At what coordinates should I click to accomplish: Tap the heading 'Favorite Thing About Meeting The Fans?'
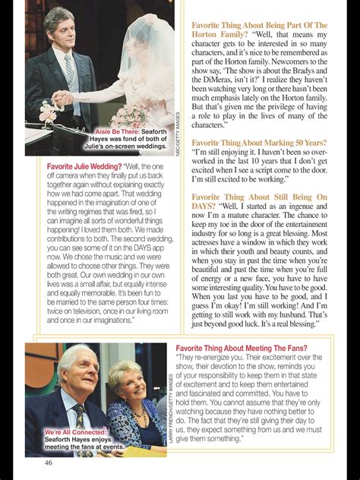pos(248,349)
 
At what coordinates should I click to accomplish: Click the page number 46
pos(48,464)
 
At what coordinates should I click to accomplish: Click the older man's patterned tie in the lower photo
pos(80,416)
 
